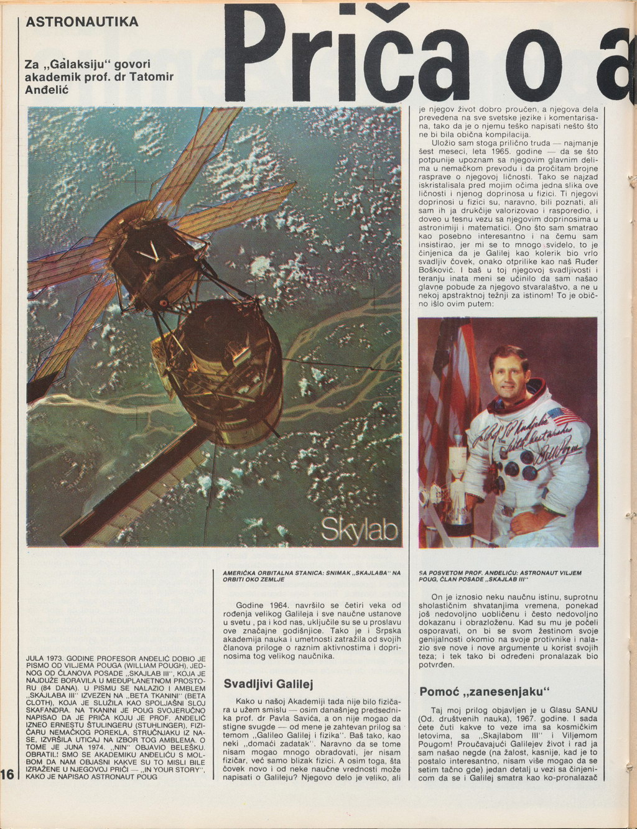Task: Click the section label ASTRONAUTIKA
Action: pyautogui.click(x=81, y=22)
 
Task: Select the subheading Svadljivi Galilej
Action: pyautogui.click(x=268, y=683)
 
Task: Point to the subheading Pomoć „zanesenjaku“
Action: pyautogui.click(x=485, y=692)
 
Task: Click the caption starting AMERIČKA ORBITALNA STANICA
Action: pyautogui.click(x=311, y=575)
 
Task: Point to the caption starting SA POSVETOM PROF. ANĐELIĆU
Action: pyautogui.click(x=500, y=575)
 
